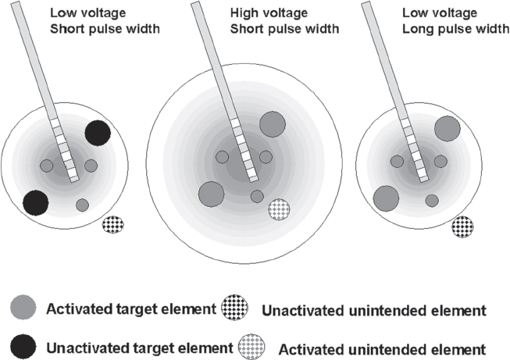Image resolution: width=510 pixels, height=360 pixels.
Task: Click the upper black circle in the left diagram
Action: point(98,132)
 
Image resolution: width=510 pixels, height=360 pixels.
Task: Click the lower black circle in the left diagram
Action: point(35,203)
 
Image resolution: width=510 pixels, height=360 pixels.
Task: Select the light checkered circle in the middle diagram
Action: point(279,209)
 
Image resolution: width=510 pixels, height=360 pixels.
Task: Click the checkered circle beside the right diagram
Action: point(462,226)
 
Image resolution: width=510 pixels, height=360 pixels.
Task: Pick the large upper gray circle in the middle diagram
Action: point(272,123)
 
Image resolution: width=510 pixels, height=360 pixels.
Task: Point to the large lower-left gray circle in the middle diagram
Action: point(212,193)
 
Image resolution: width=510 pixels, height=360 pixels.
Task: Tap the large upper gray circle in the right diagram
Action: point(447,128)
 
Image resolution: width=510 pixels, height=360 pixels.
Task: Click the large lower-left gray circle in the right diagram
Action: point(386,198)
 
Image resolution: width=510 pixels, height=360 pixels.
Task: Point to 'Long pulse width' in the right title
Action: point(441,30)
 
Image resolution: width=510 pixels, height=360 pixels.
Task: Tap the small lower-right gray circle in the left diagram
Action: point(82,205)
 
